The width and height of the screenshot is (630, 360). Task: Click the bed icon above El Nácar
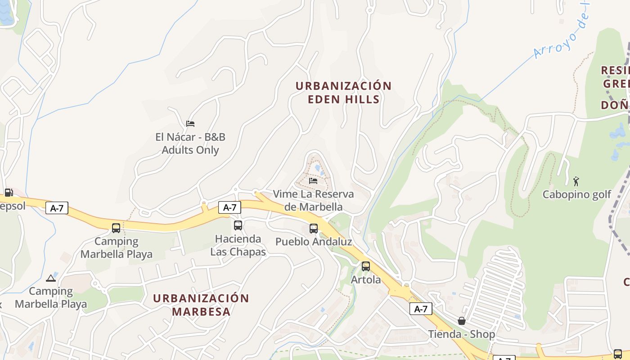click(x=190, y=124)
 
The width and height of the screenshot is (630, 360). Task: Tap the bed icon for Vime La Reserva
click(x=313, y=181)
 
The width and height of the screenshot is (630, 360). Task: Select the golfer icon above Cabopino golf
click(x=576, y=181)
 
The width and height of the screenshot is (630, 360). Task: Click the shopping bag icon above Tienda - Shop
click(x=461, y=321)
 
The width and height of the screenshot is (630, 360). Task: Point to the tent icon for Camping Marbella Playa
click(x=50, y=279)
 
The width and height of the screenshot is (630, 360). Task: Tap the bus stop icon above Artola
click(x=366, y=266)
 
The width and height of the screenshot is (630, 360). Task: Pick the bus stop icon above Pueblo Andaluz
click(x=314, y=229)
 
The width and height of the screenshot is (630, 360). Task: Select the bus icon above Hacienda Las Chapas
click(x=238, y=225)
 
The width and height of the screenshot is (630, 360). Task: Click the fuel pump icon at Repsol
click(x=8, y=193)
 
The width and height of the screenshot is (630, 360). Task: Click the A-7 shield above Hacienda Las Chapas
click(x=229, y=207)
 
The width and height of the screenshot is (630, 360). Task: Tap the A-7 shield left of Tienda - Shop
click(x=421, y=309)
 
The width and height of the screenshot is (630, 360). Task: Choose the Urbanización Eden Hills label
click(x=344, y=92)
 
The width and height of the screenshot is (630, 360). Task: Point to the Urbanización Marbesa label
click(x=201, y=305)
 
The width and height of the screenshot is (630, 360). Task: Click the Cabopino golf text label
click(x=576, y=194)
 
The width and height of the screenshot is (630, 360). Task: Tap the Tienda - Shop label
click(x=461, y=334)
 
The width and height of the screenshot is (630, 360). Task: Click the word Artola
click(x=366, y=279)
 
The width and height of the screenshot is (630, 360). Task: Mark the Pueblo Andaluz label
click(x=314, y=242)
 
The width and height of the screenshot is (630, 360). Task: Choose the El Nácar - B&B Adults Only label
click(x=190, y=144)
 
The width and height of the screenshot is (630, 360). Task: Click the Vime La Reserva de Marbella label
click(x=313, y=201)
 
